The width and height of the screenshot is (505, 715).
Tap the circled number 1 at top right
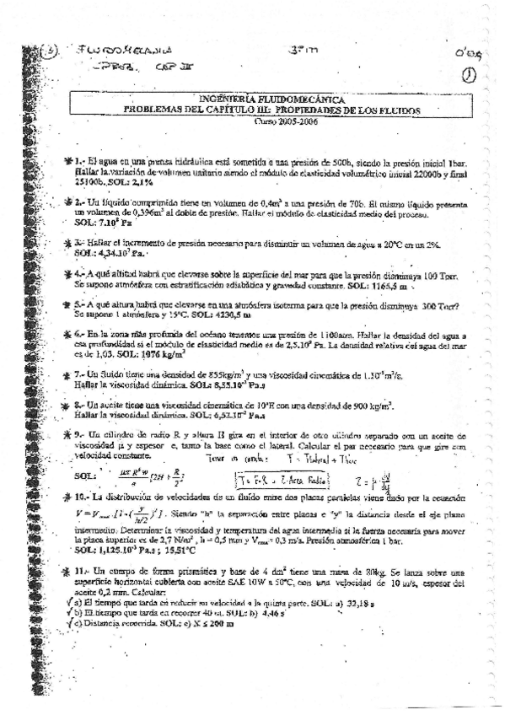[469, 75]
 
